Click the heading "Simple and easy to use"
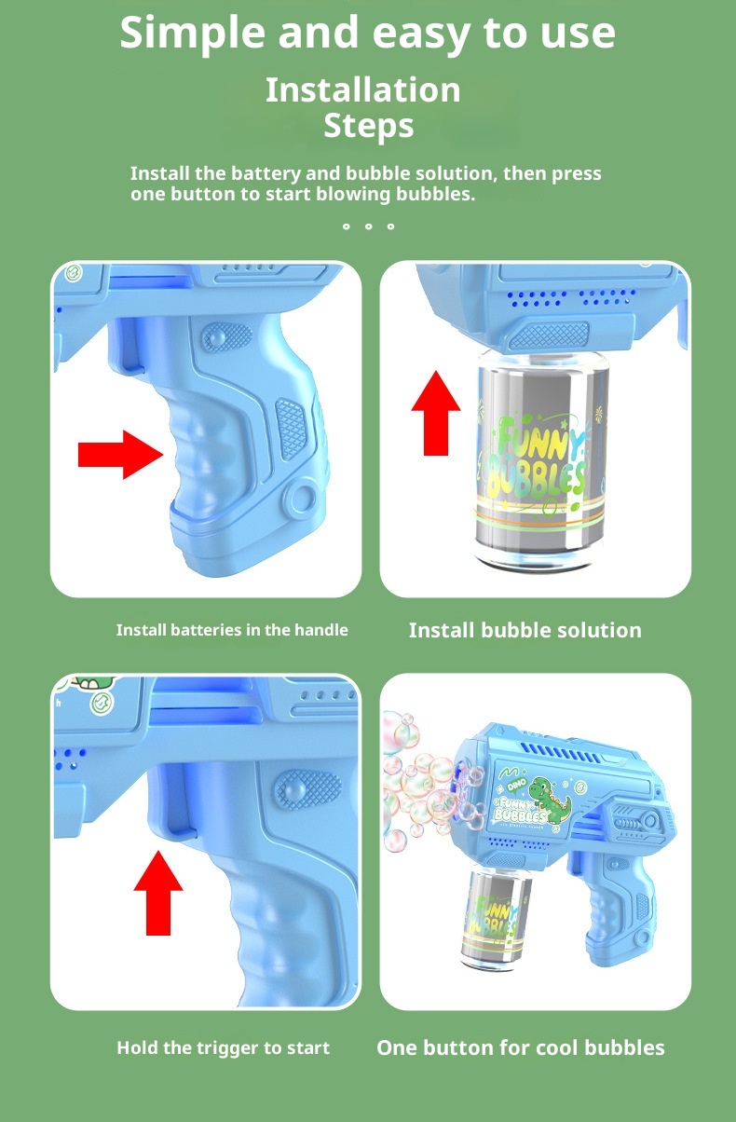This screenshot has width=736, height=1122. point(367,34)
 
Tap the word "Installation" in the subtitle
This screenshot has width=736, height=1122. point(363,90)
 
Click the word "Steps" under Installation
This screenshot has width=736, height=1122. point(369,126)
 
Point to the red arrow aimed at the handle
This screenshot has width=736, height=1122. point(121,455)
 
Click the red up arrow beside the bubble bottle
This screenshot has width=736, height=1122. point(436,413)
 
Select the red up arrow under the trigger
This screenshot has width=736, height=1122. point(158,893)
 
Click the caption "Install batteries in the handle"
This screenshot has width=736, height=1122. point(232,630)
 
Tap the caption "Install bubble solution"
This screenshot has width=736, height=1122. point(525,630)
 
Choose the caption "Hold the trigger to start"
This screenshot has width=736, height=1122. point(224,1047)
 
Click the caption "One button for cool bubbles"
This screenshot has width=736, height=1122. point(521,1047)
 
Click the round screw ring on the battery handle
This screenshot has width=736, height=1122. point(300,499)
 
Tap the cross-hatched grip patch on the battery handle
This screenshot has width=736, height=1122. point(291,429)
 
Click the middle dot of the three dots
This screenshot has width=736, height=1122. point(369,226)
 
